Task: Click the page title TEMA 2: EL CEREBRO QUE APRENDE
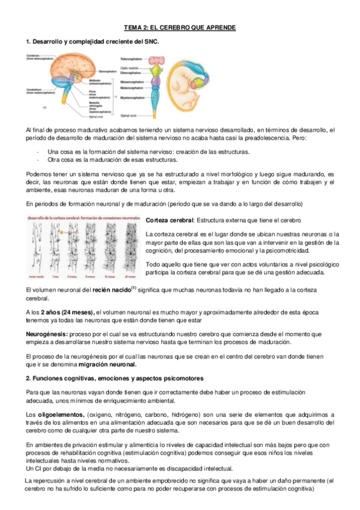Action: click(180, 28)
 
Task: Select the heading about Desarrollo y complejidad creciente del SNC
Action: click(92, 41)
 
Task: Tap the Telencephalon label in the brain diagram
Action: click(131, 59)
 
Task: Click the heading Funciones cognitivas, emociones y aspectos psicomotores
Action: click(114, 378)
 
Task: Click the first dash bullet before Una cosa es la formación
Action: click(38, 152)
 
